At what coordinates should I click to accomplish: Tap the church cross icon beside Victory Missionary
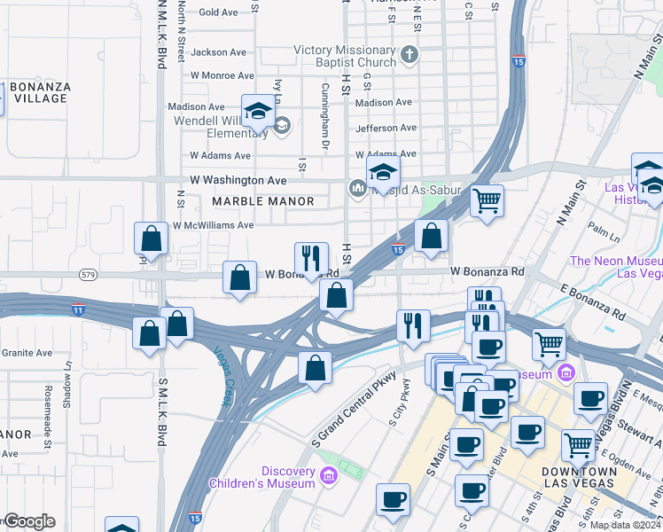coord(409,56)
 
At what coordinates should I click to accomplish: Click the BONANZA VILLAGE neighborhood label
coord(40,92)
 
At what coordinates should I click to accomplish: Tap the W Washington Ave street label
coord(239,180)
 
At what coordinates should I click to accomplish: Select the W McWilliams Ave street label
coord(214,225)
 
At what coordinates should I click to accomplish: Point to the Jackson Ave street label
coord(218,52)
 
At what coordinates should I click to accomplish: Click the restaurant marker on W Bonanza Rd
coord(311,258)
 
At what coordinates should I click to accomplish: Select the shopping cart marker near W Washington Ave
coord(487,201)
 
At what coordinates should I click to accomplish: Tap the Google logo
coord(28,521)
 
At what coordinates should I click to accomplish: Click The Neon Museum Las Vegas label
coord(616,267)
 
